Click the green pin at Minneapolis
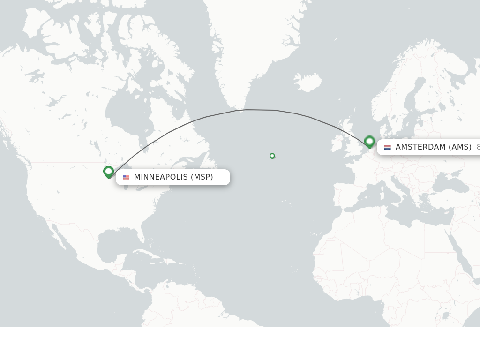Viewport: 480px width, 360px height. [x=109, y=172]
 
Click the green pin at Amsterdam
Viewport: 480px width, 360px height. [x=369, y=141]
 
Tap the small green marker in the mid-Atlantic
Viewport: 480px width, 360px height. [x=272, y=156]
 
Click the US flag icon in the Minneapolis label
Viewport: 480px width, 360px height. [x=126, y=177]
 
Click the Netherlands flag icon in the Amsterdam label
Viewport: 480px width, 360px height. [x=387, y=147]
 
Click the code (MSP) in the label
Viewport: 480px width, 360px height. [x=202, y=177]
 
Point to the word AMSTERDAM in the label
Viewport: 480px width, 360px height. [x=420, y=147]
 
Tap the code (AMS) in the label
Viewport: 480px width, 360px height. [x=460, y=147]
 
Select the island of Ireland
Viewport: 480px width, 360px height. [x=337, y=143]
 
